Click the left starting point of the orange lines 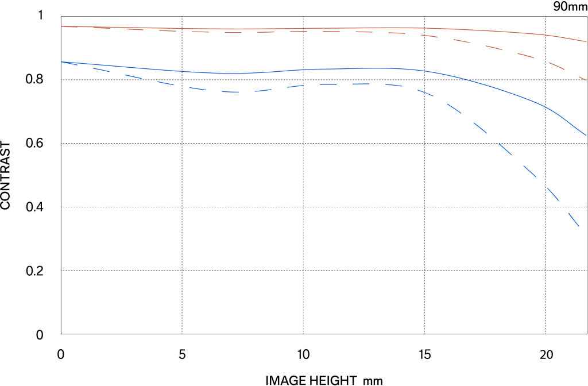pyautogui.click(x=61, y=26)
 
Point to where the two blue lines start pyautogui.click(x=61, y=62)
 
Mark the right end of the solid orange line pyautogui.click(x=586, y=41)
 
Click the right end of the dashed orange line pyautogui.click(x=586, y=80)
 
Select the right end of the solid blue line pyautogui.click(x=586, y=135)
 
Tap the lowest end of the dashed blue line pyautogui.click(x=579, y=227)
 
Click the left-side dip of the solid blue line pyautogui.click(x=233, y=73)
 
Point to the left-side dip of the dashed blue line pyautogui.click(x=233, y=92)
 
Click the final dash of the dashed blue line pyautogui.click(x=574, y=219)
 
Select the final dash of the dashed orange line pyautogui.click(x=581, y=77)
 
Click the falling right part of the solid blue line pyautogui.click(x=540, y=103)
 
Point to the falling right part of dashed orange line pyautogui.click(x=525, y=55)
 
